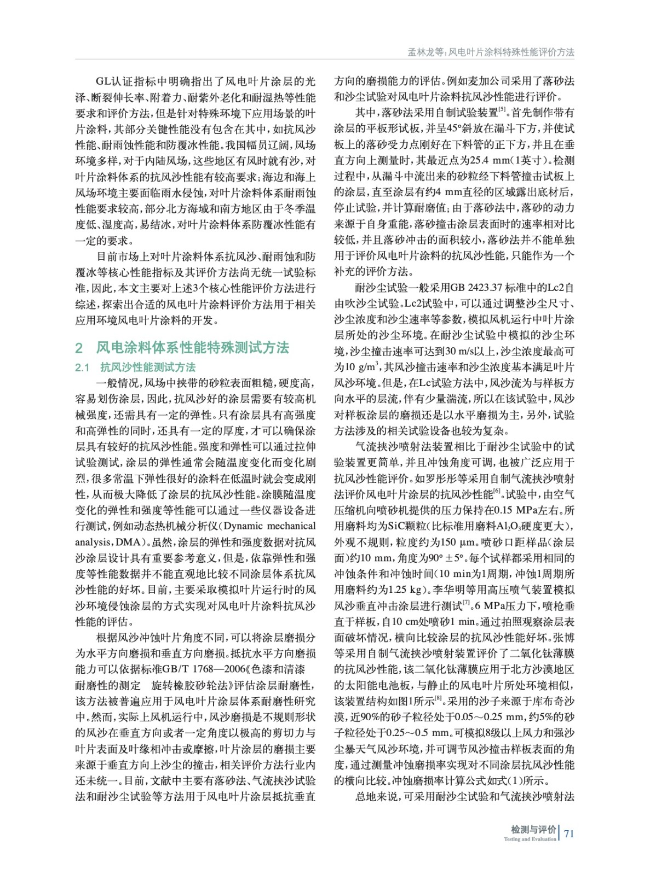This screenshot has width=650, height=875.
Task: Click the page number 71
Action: [x=569, y=833]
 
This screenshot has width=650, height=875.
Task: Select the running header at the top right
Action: [x=491, y=52]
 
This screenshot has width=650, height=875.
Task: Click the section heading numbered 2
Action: [x=182, y=348]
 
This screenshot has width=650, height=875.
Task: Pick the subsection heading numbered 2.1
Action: [x=136, y=367]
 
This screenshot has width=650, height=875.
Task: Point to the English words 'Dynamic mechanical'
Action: [x=269, y=526]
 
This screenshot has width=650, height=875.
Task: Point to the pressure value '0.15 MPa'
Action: [x=515, y=510]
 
